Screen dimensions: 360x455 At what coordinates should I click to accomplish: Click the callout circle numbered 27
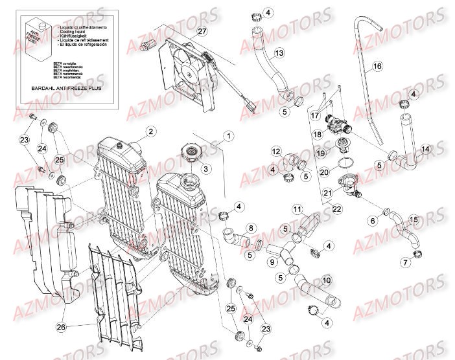[x=202, y=32]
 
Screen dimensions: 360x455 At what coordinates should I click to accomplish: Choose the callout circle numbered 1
[x=228, y=136]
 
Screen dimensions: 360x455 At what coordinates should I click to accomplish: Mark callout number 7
[x=406, y=263]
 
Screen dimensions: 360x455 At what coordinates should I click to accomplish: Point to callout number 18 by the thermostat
[x=318, y=135]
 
